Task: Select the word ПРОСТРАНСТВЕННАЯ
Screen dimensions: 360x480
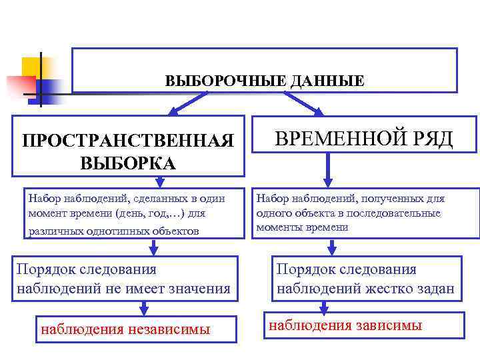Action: pyautogui.click(x=128, y=141)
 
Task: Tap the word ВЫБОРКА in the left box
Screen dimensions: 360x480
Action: pyautogui.click(x=128, y=163)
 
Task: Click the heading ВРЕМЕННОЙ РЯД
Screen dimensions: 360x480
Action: pyautogui.click(x=364, y=139)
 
